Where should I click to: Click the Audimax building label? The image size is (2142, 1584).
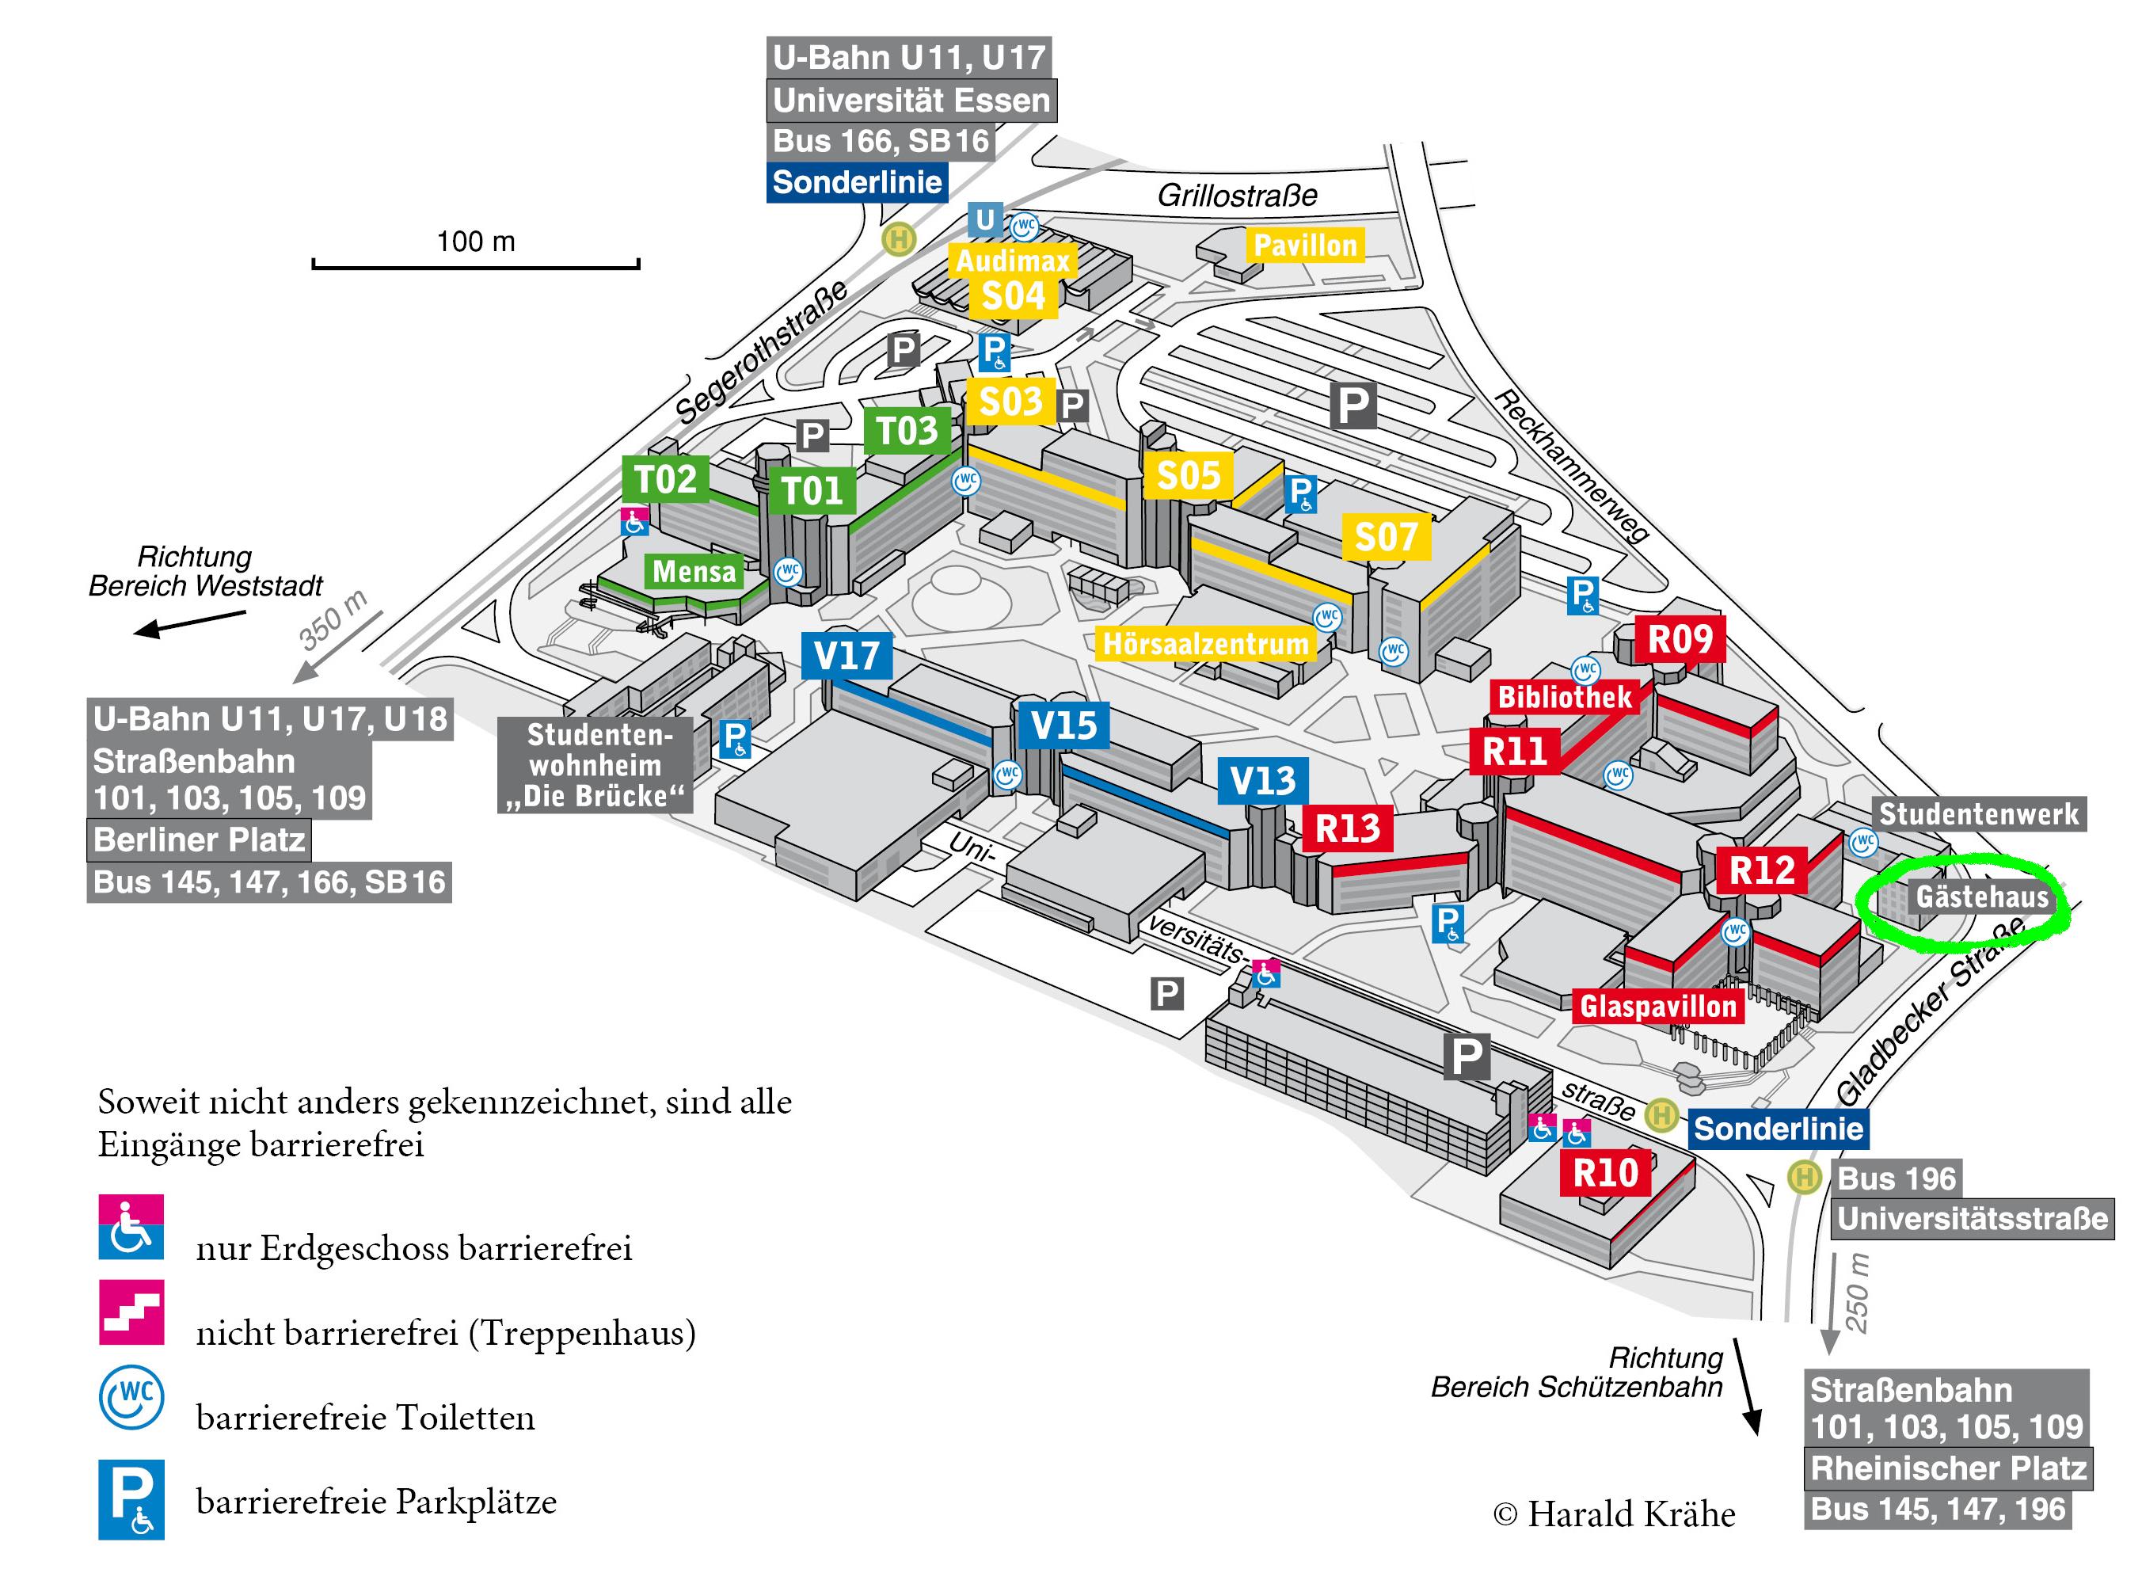click(1012, 261)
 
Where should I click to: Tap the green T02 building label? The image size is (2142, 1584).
click(665, 478)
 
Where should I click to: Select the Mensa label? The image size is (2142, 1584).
click(694, 572)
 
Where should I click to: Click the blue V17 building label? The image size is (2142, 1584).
click(847, 656)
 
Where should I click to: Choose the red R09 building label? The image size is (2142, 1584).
click(1679, 638)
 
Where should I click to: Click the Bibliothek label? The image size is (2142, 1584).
click(1564, 697)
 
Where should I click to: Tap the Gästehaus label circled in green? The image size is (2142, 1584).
click(1981, 897)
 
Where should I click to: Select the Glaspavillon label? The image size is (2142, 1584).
click(1658, 1006)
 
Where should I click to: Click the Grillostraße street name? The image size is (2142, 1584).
click(1237, 196)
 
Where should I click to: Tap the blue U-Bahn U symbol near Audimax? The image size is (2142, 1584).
click(984, 219)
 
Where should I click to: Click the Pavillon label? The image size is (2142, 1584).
click(1305, 246)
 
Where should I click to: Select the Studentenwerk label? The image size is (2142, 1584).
click(1978, 814)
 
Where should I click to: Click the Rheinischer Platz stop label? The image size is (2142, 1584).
click(1947, 1468)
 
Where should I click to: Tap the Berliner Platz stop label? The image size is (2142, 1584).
click(200, 840)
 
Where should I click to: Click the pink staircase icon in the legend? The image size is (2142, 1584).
click(131, 1312)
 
